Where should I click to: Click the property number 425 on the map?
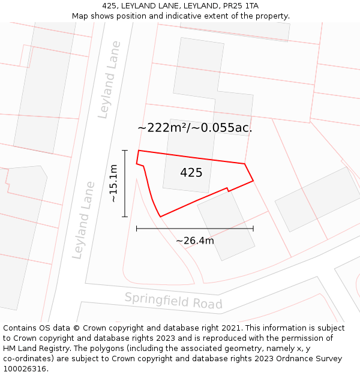[191, 173]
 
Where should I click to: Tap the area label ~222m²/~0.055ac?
[194, 128]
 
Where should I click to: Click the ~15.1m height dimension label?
[113, 184]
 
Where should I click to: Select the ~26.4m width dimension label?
[194, 241]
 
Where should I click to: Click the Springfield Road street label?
[173, 301]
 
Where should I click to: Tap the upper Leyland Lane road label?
[109, 79]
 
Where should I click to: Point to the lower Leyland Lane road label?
[83, 220]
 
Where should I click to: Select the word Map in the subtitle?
[80, 16]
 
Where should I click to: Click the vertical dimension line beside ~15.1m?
[125, 183]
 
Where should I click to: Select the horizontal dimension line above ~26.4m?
[194, 229]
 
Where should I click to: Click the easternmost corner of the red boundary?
[253, 180]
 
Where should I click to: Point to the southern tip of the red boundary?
[160, 217]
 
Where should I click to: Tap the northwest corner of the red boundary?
[139, 151]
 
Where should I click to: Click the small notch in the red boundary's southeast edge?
[227, 190]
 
